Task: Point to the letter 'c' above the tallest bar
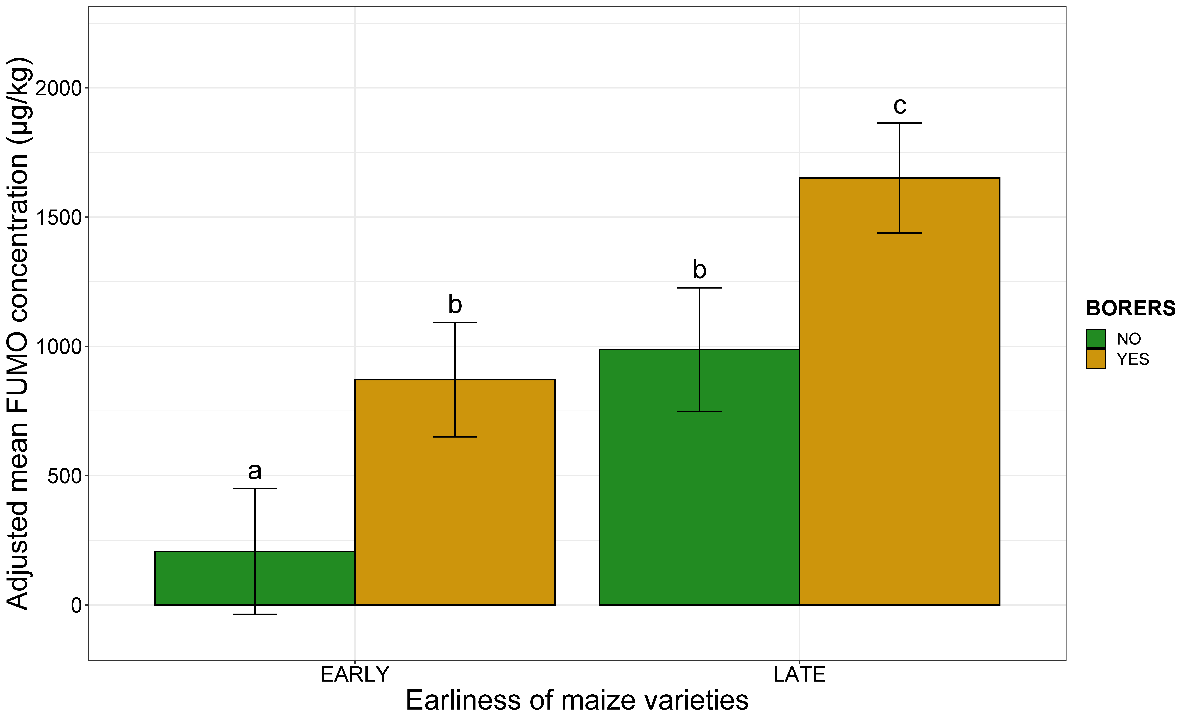coord(900,105)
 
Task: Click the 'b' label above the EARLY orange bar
coord(455,304)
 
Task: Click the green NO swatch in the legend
coord(1095,339)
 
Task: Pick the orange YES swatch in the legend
coord(1095,359)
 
